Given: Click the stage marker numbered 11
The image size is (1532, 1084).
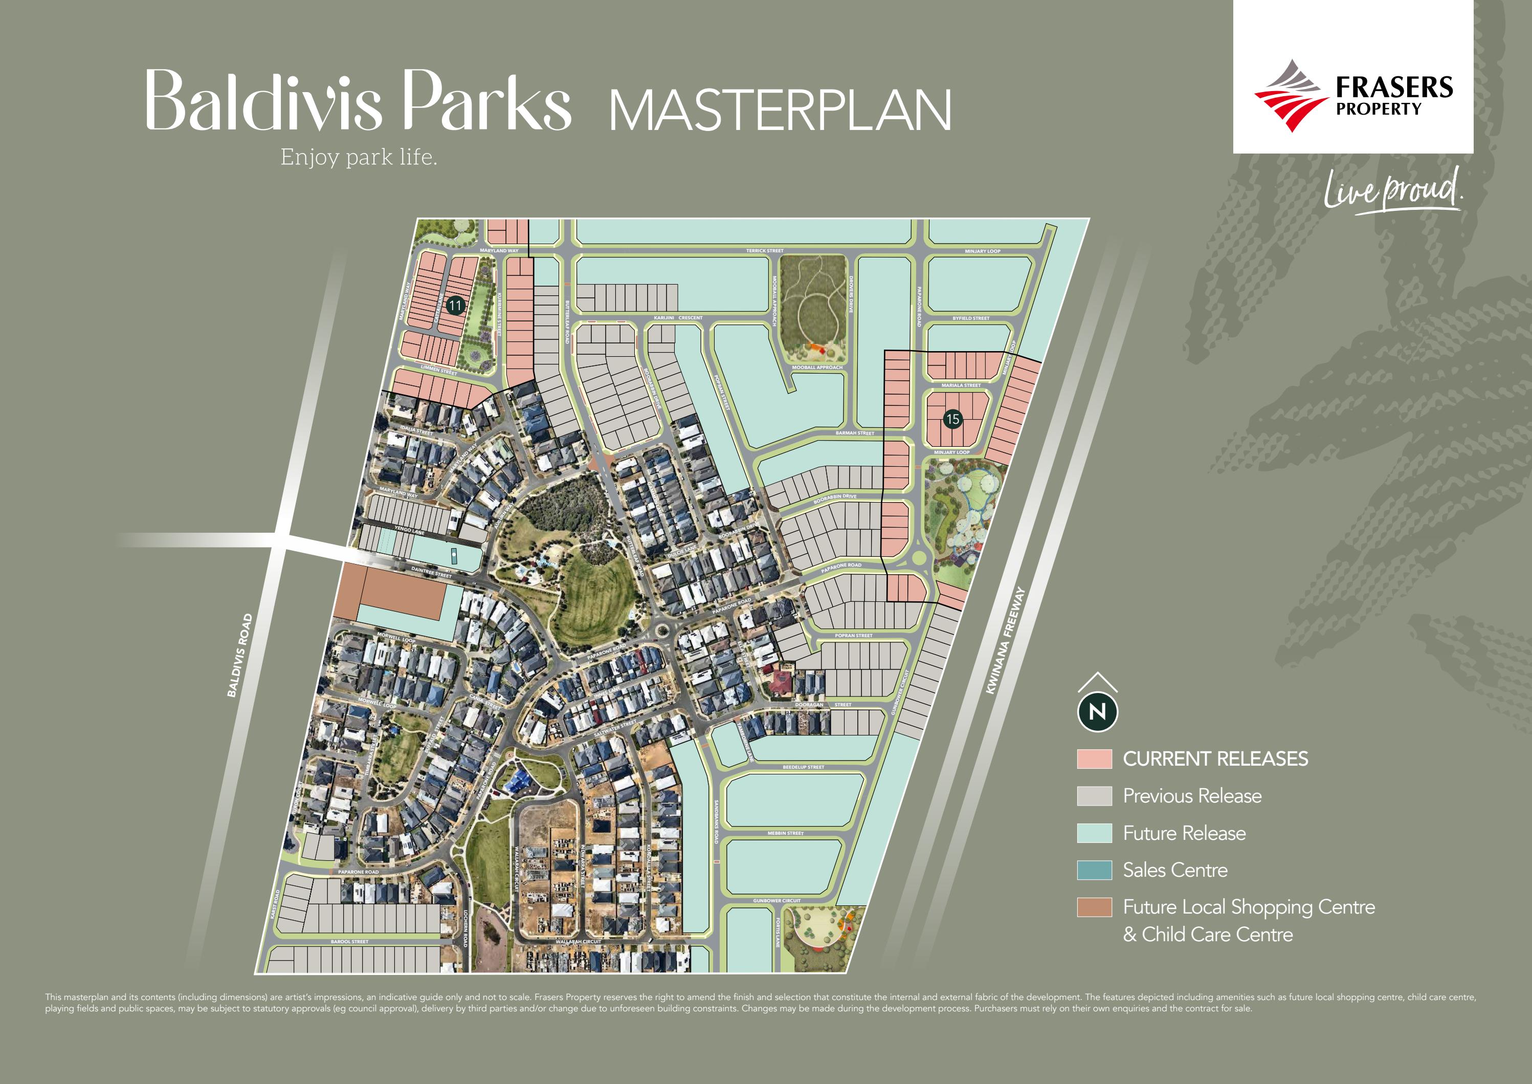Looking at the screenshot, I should click(x=455, y=306).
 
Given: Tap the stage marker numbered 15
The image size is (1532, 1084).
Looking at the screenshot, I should click(x=952, y=419).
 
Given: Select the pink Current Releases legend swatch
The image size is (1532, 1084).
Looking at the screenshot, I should click(x=1094, y=759).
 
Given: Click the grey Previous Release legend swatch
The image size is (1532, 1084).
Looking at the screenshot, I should click(x=1094, y=796).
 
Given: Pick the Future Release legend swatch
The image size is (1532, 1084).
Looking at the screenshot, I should click(x=1094, y=833).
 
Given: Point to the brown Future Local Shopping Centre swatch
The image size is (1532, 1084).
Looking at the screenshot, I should click(x=1094, y=907).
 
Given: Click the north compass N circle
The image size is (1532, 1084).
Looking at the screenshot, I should click(x=1098, y=711).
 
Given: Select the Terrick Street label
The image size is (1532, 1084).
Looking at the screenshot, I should click(x=765, y=251).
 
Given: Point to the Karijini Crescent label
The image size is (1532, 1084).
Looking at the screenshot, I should click(x=677, y=318).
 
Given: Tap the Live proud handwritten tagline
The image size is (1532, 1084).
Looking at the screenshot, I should click(x=1392, y=190).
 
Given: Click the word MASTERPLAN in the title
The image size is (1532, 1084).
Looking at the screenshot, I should click(x=780, y=110).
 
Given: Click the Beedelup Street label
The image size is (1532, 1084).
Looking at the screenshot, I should click(x=804, y=767).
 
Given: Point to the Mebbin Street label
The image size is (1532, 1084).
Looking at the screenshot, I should click(x=785, y=833).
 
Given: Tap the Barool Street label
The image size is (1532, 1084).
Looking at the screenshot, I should click(x=350, y=941).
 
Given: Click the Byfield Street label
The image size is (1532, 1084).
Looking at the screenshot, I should click(x=971, y=318).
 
